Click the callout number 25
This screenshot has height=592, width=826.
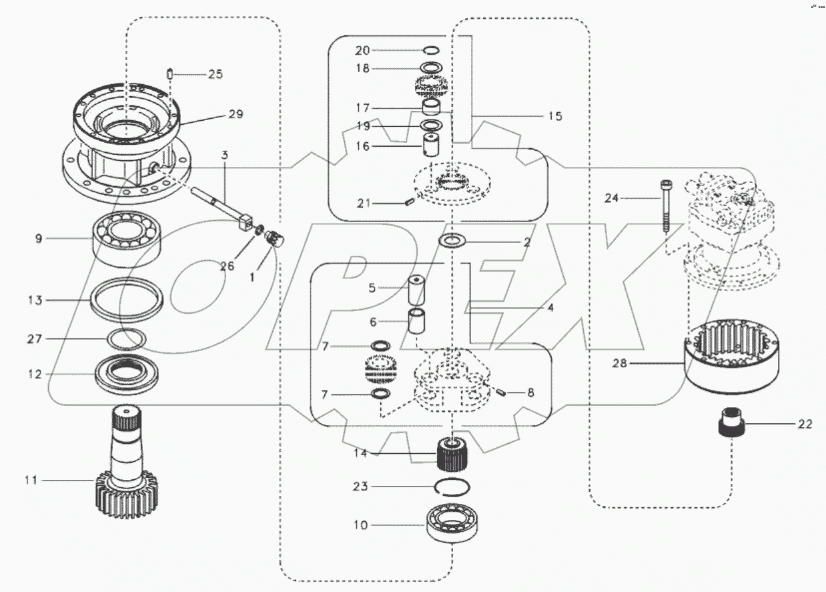point(215,74)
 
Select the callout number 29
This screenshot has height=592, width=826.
point(236,115)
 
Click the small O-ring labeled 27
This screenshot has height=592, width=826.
point(127,339)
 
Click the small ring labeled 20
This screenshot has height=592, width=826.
point(431,50)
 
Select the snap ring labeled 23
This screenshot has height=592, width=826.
point(454,487)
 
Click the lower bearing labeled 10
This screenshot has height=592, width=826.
point(454,525)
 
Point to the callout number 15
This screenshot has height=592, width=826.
point(554,117)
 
